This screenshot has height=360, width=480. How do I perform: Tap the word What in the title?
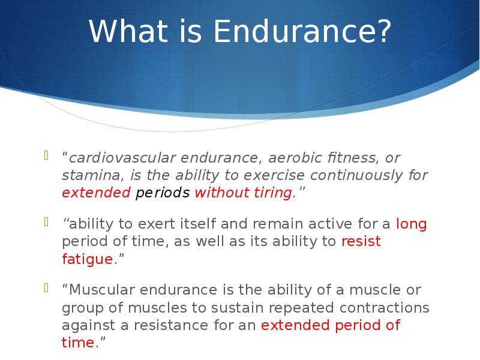tap(128, 31)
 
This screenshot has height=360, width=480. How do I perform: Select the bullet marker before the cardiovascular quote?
tap(47, 155)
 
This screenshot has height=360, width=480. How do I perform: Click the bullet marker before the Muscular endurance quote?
tap(47, 287)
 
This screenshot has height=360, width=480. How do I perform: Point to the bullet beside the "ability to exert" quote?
tap(47, 221)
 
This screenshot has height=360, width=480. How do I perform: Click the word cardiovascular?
tap(122, 158)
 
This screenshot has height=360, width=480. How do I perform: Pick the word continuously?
tap(356, 175)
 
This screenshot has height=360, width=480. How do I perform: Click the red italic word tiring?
tap(273, 193)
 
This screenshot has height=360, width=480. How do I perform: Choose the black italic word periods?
tap(163, 193)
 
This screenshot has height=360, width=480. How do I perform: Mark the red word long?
tap(412, 224)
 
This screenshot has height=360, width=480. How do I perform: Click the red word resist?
tap(361, 241)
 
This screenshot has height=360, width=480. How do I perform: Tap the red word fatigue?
tap(88, 259)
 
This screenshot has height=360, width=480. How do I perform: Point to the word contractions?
tap(384, 308)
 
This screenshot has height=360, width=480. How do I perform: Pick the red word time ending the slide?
tap(78, 343)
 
